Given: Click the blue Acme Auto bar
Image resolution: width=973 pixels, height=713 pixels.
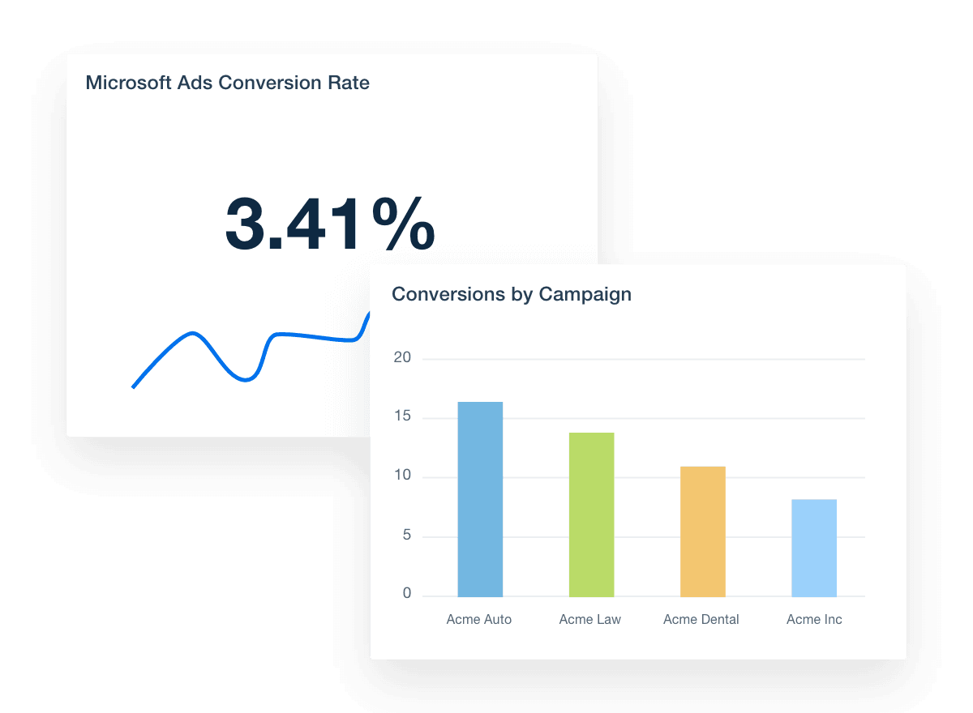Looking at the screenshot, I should point(480,499).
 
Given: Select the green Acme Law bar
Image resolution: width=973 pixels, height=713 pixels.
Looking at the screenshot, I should point(591,514).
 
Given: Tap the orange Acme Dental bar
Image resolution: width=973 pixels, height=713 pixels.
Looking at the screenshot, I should point(702,532).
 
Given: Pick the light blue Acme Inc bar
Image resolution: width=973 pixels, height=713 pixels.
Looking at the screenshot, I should point(813,548).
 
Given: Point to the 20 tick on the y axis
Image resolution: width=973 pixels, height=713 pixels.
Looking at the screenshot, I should point(402,358).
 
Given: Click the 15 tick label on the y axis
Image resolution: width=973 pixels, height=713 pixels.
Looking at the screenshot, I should point(403,417).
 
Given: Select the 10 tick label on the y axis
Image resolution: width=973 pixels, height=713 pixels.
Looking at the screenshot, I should point(402,476).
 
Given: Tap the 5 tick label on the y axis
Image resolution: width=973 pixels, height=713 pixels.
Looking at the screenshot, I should point(406,536).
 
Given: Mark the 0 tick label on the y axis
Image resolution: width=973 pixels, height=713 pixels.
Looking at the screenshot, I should point(406,594).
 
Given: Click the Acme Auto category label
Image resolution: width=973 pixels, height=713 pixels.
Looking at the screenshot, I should point(479,620).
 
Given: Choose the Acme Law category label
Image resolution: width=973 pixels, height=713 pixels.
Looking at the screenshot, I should point(590,620).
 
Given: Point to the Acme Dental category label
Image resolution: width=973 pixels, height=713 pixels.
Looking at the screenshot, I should point(701,620).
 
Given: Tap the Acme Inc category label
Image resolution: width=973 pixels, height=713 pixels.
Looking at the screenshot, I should point(814,620).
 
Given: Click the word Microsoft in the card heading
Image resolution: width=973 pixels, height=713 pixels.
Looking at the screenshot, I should point(124,83).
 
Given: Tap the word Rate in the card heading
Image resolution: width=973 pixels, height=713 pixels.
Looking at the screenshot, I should point(350,83).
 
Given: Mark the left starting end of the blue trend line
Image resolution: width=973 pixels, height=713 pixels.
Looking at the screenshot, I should point(133,387).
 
